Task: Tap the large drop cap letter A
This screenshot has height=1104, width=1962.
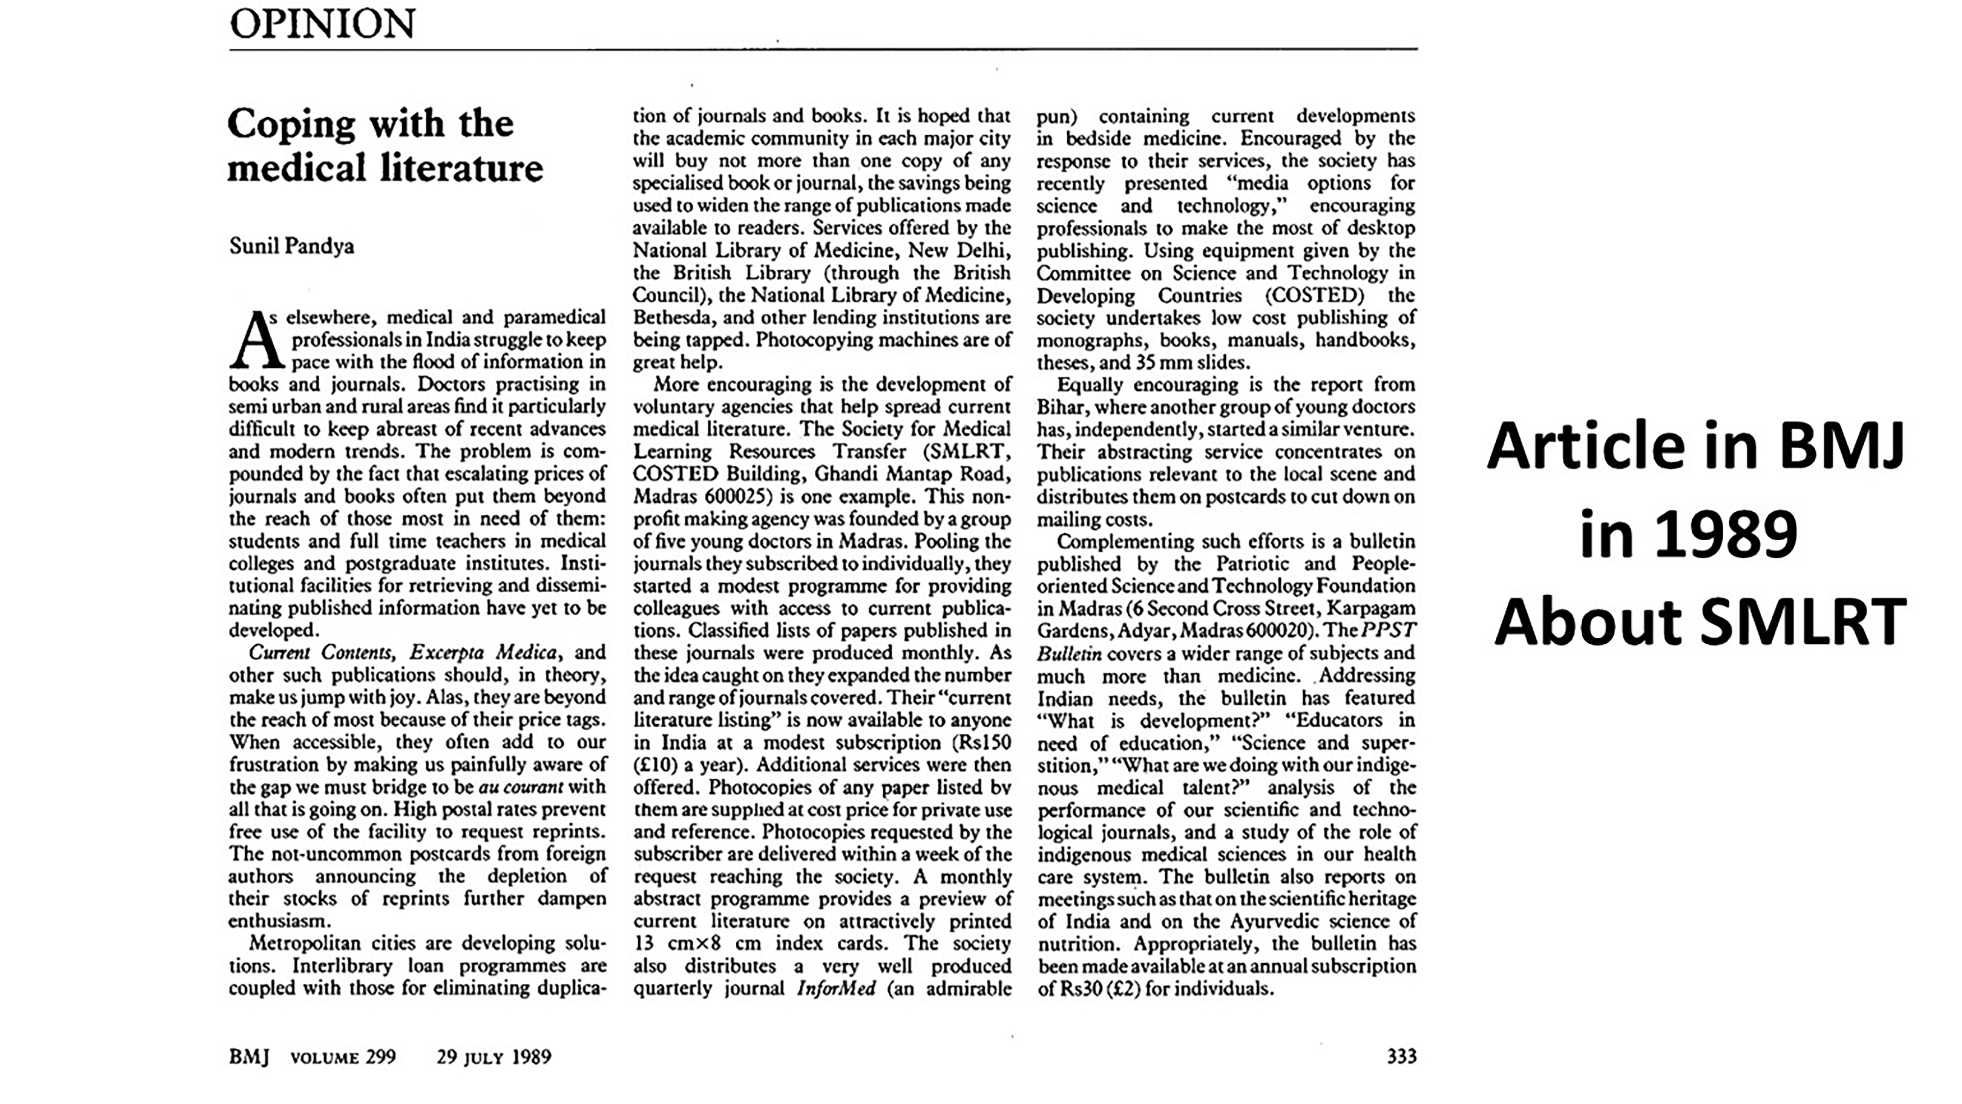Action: (x=256, y=341)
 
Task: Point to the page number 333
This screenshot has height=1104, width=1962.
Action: (x=1401, y=1056)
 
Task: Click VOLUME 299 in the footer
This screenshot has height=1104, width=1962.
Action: (x=343, y=1057)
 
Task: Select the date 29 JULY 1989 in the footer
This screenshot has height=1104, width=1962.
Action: (x=493, y=1057)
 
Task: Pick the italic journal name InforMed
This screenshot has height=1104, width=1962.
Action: (x=835, y=988)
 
